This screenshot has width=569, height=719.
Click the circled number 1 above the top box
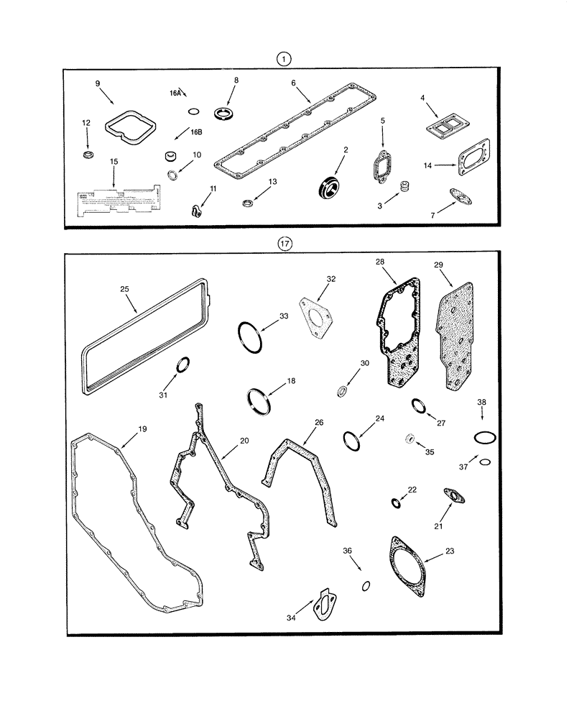click(285, 59)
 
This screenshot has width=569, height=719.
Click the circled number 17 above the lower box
click(285, 244)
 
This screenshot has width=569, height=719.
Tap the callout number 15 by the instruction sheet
click(114, 163)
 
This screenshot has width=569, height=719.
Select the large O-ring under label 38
click(485, 437)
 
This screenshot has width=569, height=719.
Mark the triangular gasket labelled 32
click(315, 318)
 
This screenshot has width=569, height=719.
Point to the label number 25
click(124, 289)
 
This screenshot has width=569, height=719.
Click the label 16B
click(196, 132)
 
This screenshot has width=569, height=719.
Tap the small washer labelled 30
click(343, 392)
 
